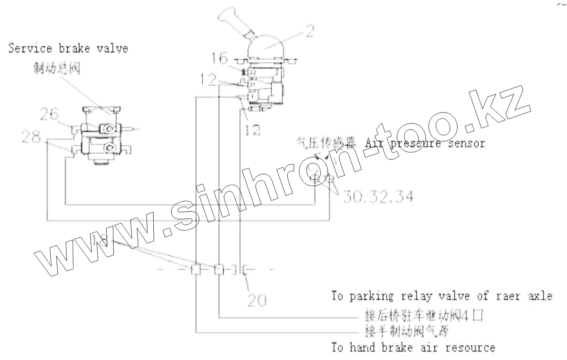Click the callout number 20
(257, 300)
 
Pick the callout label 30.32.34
(377, 196)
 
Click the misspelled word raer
(505, 296)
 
